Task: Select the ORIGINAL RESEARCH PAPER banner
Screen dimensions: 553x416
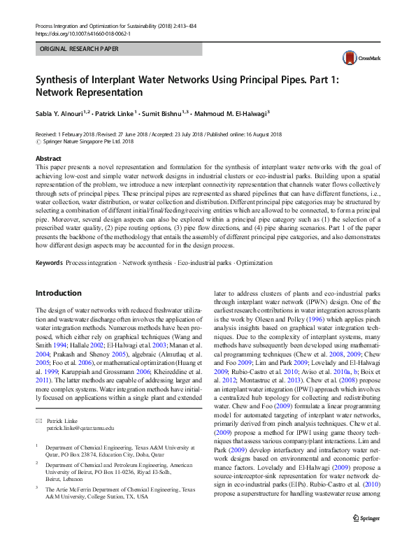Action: pos(80,49)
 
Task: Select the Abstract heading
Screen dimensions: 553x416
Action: pos(48,159)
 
